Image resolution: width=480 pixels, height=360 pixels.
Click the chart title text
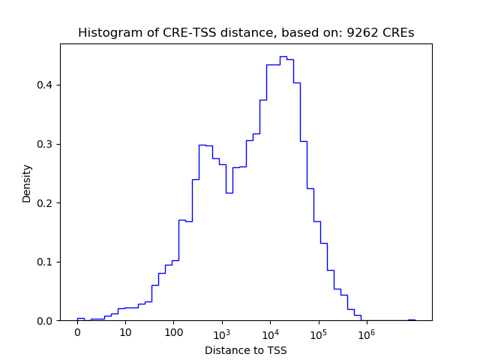[x=246, y=33]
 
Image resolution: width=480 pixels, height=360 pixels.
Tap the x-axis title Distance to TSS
[x=246, y=350]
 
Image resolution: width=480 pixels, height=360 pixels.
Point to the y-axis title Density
[x=27, y=182]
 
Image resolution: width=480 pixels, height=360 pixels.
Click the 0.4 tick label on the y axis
[x=46, y=85]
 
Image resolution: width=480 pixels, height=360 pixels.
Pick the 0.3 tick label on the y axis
[x=46, y=144]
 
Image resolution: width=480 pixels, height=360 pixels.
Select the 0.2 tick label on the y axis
[x=46, y=202]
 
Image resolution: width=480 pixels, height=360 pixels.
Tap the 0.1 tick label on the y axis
[x=46, y=262]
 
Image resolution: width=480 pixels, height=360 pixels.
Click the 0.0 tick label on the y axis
[x=46, y=321]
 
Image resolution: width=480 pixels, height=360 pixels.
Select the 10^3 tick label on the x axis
[x=221, y=332]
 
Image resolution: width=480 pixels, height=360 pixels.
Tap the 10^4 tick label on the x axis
[x=270, y=332]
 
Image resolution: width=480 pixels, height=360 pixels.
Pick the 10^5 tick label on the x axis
[x=318, y=332]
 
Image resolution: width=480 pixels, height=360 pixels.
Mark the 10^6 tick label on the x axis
[x=366, y=332]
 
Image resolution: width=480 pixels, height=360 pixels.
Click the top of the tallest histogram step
[x=283, y=56]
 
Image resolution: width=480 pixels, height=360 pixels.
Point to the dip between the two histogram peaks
[x=229, y=193]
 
